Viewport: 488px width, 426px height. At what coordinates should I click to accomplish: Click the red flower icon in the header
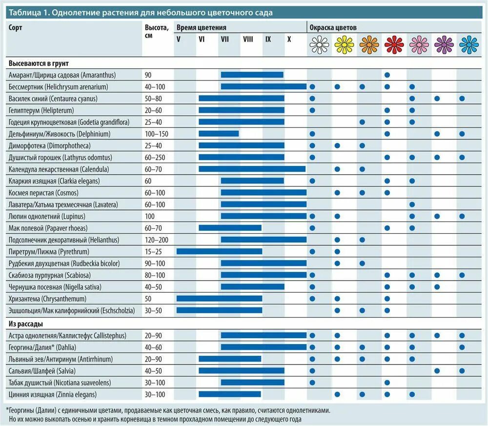click(394, 45)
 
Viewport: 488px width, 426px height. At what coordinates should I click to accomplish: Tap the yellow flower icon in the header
click(344, 45)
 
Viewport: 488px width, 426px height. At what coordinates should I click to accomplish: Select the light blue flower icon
click(468, 45)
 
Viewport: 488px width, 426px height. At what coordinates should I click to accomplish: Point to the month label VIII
click(248, 39)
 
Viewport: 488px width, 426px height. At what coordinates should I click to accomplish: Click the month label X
click(289, 39)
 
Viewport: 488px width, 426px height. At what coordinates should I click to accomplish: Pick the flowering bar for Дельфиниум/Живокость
click(219, 134)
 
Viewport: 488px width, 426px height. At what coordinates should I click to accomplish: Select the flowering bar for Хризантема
click(219, 299)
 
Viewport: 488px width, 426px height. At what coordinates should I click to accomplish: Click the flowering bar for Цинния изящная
click(230, 394)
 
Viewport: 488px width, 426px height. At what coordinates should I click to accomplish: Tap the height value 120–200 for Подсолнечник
click(156, 240)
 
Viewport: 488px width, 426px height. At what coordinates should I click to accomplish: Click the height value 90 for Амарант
click(149, 75)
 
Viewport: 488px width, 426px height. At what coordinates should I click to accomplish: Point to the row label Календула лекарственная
click(59, 169)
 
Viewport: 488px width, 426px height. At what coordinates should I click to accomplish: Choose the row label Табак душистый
click(60, 383)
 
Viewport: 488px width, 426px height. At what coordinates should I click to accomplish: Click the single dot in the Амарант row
click(387, 75)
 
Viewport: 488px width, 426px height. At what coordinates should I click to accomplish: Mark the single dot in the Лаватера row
click(412, 204)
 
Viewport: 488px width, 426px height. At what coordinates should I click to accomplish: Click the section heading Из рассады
click(27, 324)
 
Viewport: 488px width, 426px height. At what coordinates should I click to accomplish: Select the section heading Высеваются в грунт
click(38, 63)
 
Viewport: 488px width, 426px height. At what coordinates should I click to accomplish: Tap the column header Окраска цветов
click(333, 28)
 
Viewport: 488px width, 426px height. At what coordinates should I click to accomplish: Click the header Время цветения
click(201, 28)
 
